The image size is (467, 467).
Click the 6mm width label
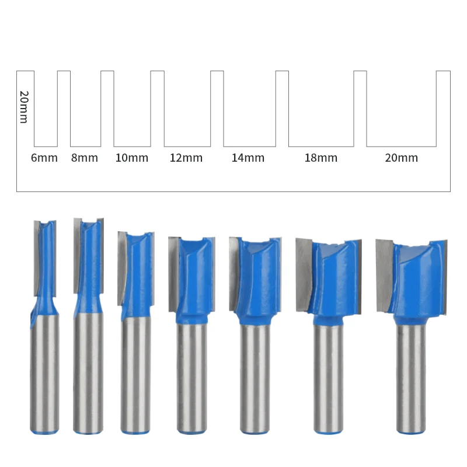click(x=44, y=158)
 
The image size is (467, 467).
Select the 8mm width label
click(x=85, y=158)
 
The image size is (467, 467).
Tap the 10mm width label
click(x=131, y=158)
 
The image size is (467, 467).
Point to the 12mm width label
click(x=186, y=158)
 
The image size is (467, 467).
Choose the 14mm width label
click(x=248, y=158)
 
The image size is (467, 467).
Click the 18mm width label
click(x=321, y=158)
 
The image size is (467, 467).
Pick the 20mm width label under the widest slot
click(x=402, y=158)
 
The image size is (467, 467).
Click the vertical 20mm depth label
click(x=24, y=106)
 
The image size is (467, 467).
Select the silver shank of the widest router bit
click(x=412, y=379)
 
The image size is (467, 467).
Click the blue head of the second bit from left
click(x=89, y=263)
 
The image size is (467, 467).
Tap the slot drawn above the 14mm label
click(x=249, y=108)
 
